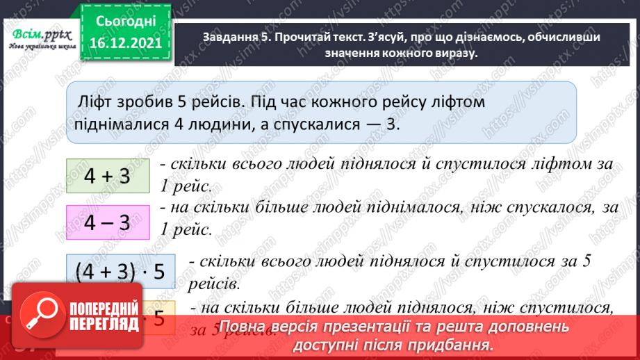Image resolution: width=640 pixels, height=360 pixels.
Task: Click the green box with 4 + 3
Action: [x=107, y=176]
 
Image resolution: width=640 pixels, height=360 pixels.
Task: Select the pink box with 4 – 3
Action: [x=107, y=223]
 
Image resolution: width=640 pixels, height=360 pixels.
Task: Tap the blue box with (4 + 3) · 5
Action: [x=117, y=272]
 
